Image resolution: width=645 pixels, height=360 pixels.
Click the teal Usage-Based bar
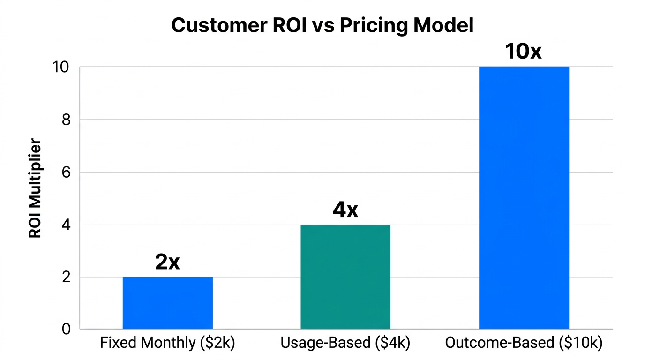pos(345,277)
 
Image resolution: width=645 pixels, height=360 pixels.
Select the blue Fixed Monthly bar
pos(167,303)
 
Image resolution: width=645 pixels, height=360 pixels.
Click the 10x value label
pos(523,52)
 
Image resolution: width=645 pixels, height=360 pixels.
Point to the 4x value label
pos(345,210)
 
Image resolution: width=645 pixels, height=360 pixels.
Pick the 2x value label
pos(167,262)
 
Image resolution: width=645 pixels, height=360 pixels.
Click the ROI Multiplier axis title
pos(35,188)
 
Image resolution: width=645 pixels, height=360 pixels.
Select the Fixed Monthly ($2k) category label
pos(167,343)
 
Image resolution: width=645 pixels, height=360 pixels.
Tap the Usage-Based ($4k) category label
pos(345,343)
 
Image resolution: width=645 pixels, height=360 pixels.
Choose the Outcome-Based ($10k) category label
pos(523,343)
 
